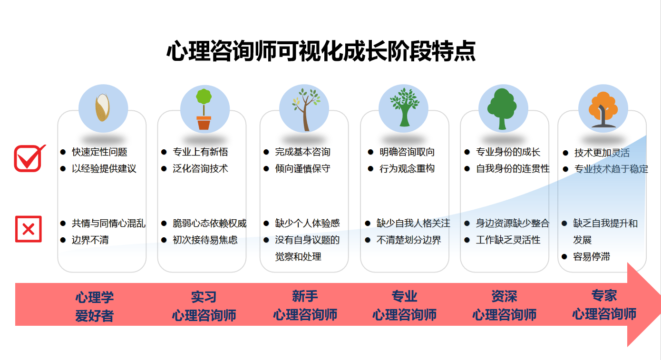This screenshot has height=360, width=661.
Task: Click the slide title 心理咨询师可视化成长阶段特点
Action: tap(321, 51)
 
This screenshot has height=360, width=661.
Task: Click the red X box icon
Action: tap(29, 229)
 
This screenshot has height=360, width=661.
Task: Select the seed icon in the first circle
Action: tap(103, 107)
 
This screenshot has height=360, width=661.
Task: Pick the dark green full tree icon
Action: tap(503, 108)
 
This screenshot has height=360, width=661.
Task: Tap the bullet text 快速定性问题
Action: tap(99, 152)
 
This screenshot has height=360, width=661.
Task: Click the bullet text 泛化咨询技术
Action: tap(200, 169)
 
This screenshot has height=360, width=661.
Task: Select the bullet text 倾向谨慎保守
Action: tap(302, 169)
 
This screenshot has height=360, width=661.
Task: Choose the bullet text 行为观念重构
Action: tap(407, 169)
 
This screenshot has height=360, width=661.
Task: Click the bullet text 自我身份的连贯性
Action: tap(513, 169)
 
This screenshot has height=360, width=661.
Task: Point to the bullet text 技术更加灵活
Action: tap(602, 153)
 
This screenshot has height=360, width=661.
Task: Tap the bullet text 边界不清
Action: tap(90, 240)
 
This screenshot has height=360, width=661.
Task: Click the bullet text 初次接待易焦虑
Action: tap(205, 240)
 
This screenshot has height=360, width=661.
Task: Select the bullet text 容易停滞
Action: tap(592, 257)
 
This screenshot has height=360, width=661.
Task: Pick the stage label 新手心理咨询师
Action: tap(305, 305)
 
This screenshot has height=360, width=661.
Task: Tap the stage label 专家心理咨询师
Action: tap(604, 305)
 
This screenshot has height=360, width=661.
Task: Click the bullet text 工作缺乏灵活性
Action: tap(508, 240)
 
